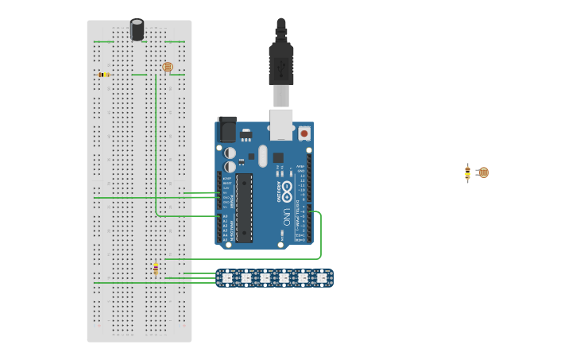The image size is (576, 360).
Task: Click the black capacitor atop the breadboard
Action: (x=137, y=29)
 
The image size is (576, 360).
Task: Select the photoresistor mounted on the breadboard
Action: (x=167, y=68)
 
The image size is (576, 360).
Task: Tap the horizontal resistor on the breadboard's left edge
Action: (x=103, y=75)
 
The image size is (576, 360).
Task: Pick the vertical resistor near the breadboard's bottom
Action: (x=156, y=269)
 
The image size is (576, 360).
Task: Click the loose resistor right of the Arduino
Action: (x=468, y=173)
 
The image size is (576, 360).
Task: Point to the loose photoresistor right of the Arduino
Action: (x=483, y=172)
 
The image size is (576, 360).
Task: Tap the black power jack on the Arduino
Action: (x=227, y=130)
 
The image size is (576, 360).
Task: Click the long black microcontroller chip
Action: (x=244, y=207)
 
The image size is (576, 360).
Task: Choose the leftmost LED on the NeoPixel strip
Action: (x=226, y=278)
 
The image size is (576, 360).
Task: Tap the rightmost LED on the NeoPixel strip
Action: (x=322, y=278)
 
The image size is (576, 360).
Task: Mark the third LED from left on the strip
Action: (x=265, y=278)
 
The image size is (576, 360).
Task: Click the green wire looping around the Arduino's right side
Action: (x=320, y=238)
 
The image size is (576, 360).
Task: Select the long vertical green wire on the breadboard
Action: (x=156, y=143)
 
